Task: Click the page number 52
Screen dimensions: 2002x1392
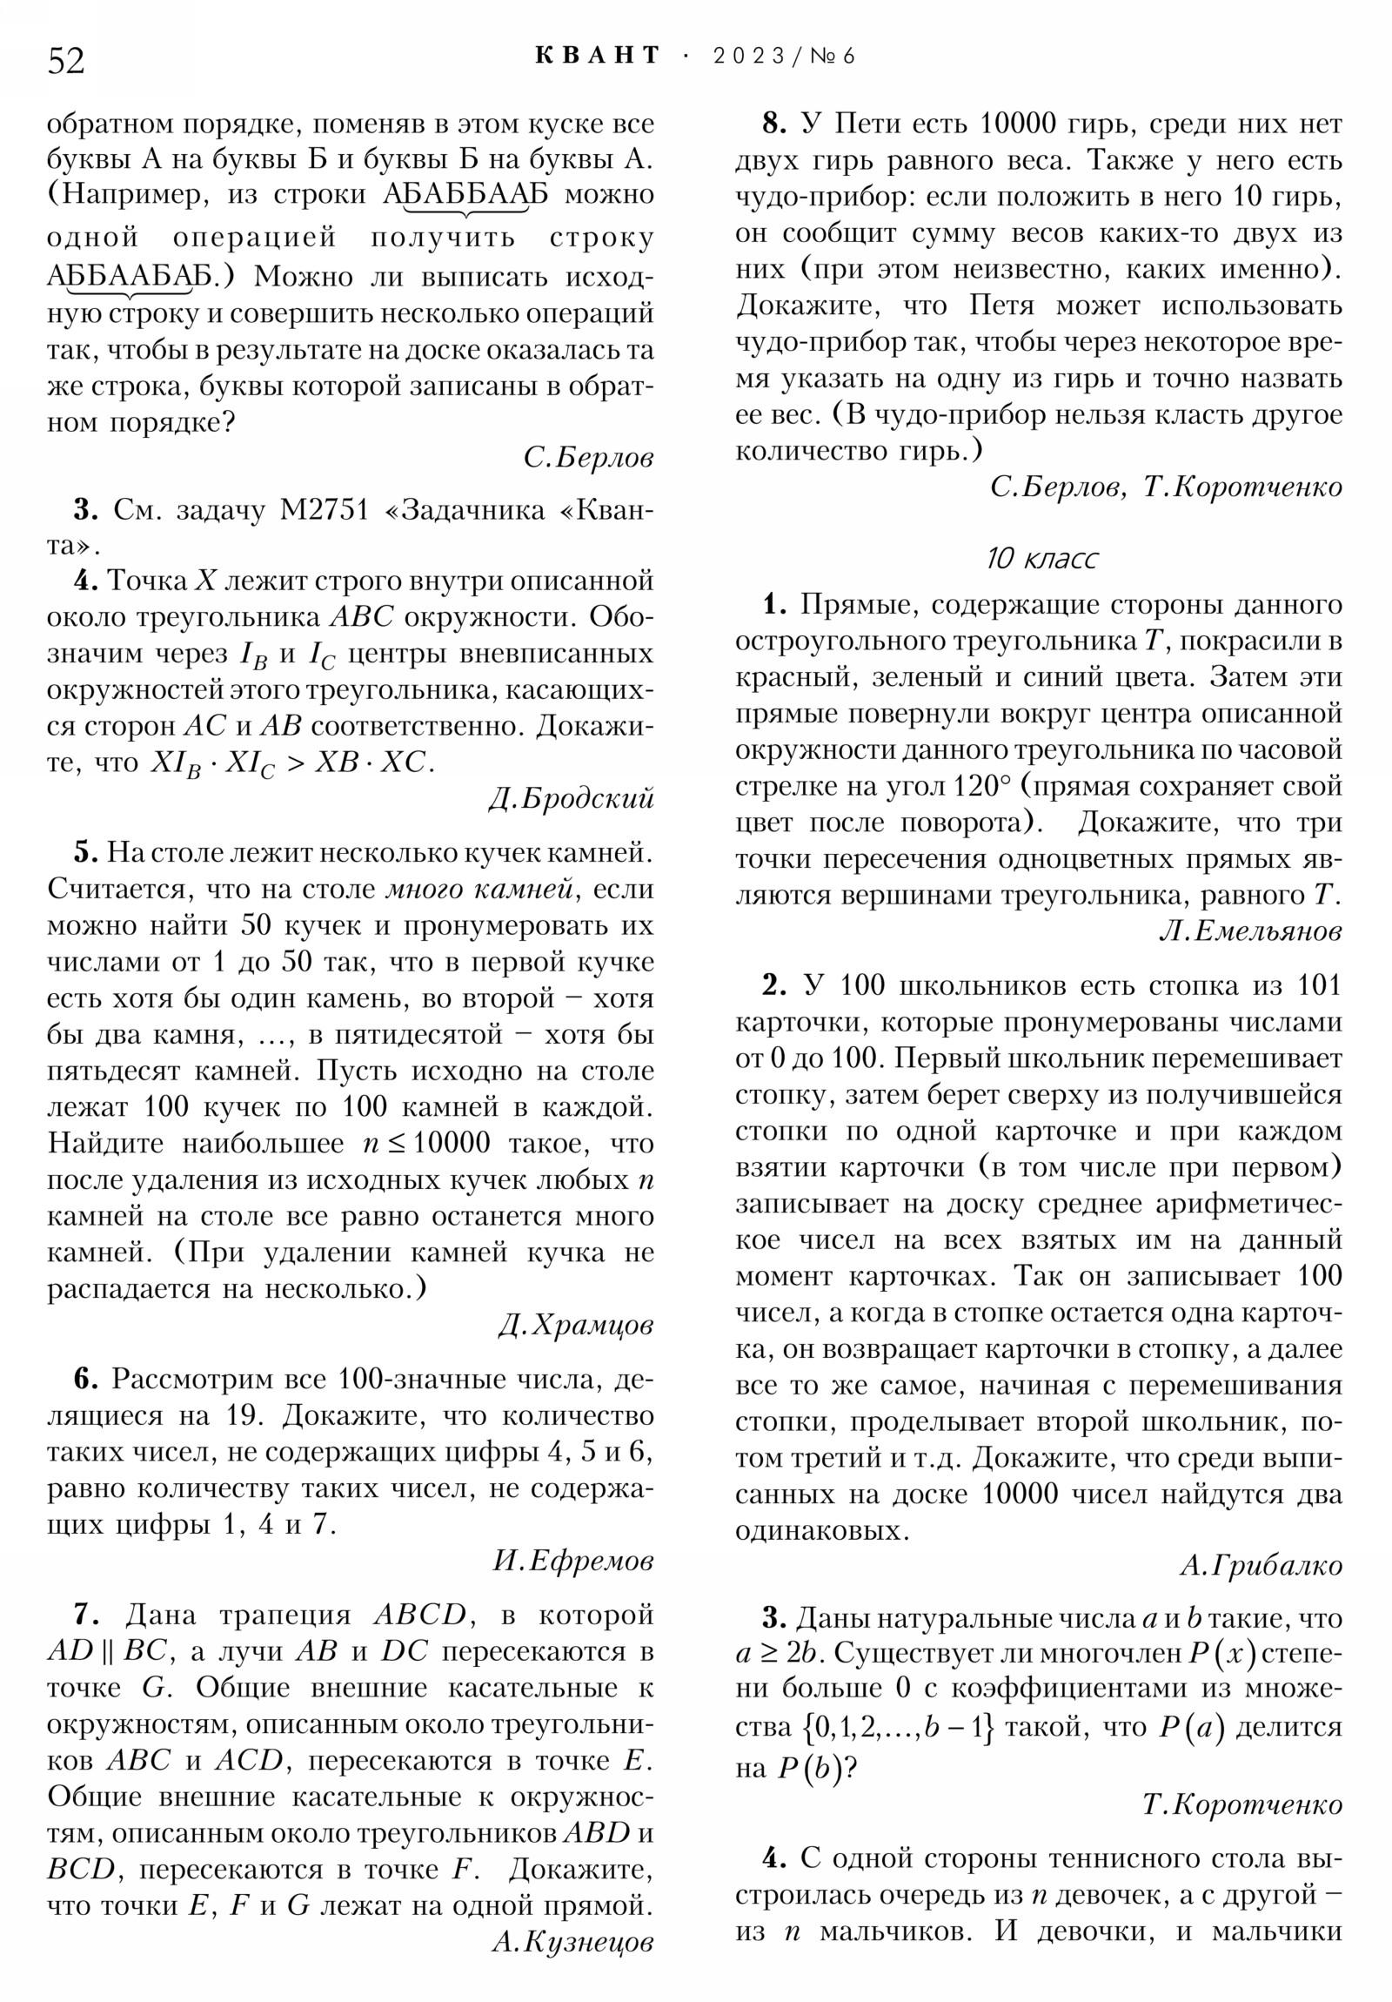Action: pos(66,61)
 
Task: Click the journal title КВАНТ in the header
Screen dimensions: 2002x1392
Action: pos(597,56)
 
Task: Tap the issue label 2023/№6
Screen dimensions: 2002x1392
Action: pos(784,57)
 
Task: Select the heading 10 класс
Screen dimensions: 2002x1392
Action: pos(1041,558)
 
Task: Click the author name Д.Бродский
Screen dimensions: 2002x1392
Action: pos(571,799)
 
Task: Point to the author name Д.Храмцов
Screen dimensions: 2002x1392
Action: pos(576,1326)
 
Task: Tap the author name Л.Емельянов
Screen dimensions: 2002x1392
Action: pos(1250,932)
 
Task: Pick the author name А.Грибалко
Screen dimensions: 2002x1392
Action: pos(1261,1566)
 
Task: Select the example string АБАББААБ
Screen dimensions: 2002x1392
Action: pos(465,194)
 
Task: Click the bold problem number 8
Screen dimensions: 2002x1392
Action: pos(774,124)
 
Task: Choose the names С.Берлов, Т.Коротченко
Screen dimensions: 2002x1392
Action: pos(1167,487)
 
